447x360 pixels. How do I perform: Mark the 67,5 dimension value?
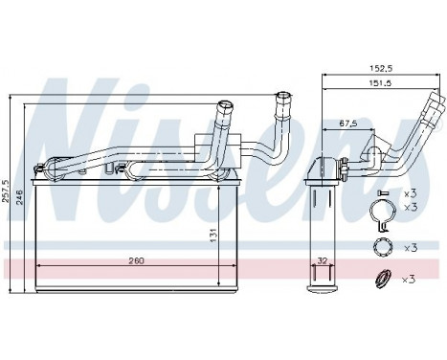[347, 123]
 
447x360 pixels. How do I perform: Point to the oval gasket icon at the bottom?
[382, 281]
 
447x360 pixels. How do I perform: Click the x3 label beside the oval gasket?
[410, 279]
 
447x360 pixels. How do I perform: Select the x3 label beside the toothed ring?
[410, 247]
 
